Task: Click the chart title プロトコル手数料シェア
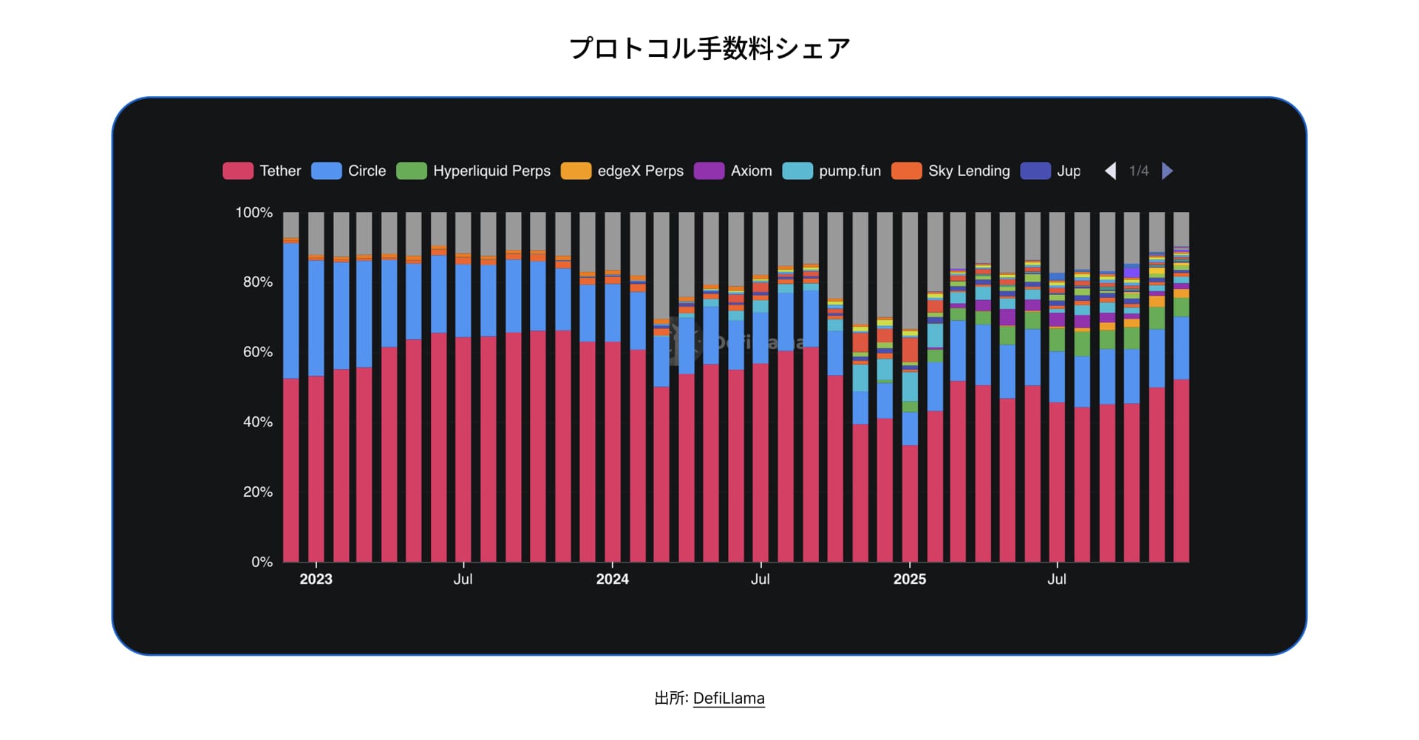(x=709, y=49)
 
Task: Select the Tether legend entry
(x=262, y=171)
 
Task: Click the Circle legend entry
(x=349, y=171)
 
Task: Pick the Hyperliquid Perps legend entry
(x=474, y=171)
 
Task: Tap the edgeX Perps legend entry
(x=622, y=171)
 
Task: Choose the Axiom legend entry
(x=733, y=171)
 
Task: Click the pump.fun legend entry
(x=832, y=171)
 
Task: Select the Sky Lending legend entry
(x=951, y=171)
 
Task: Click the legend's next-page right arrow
(x=1167, y=171)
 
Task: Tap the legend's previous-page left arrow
(x=1110, y=171)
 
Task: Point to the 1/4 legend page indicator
(x=1139, y=171)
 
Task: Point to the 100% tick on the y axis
(x=253, y=213)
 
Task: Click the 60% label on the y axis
(x=257, y=352)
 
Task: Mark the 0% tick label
(x=262, y=562)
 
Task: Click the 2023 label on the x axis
(x=316, y=580)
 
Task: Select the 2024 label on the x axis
(x=612, y=580)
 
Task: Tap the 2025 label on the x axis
(x=909, y=580)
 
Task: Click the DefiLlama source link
(x=728, y=699)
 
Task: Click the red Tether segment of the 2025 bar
(x=910, y=503)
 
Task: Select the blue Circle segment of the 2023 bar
(x=316, y=318)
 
